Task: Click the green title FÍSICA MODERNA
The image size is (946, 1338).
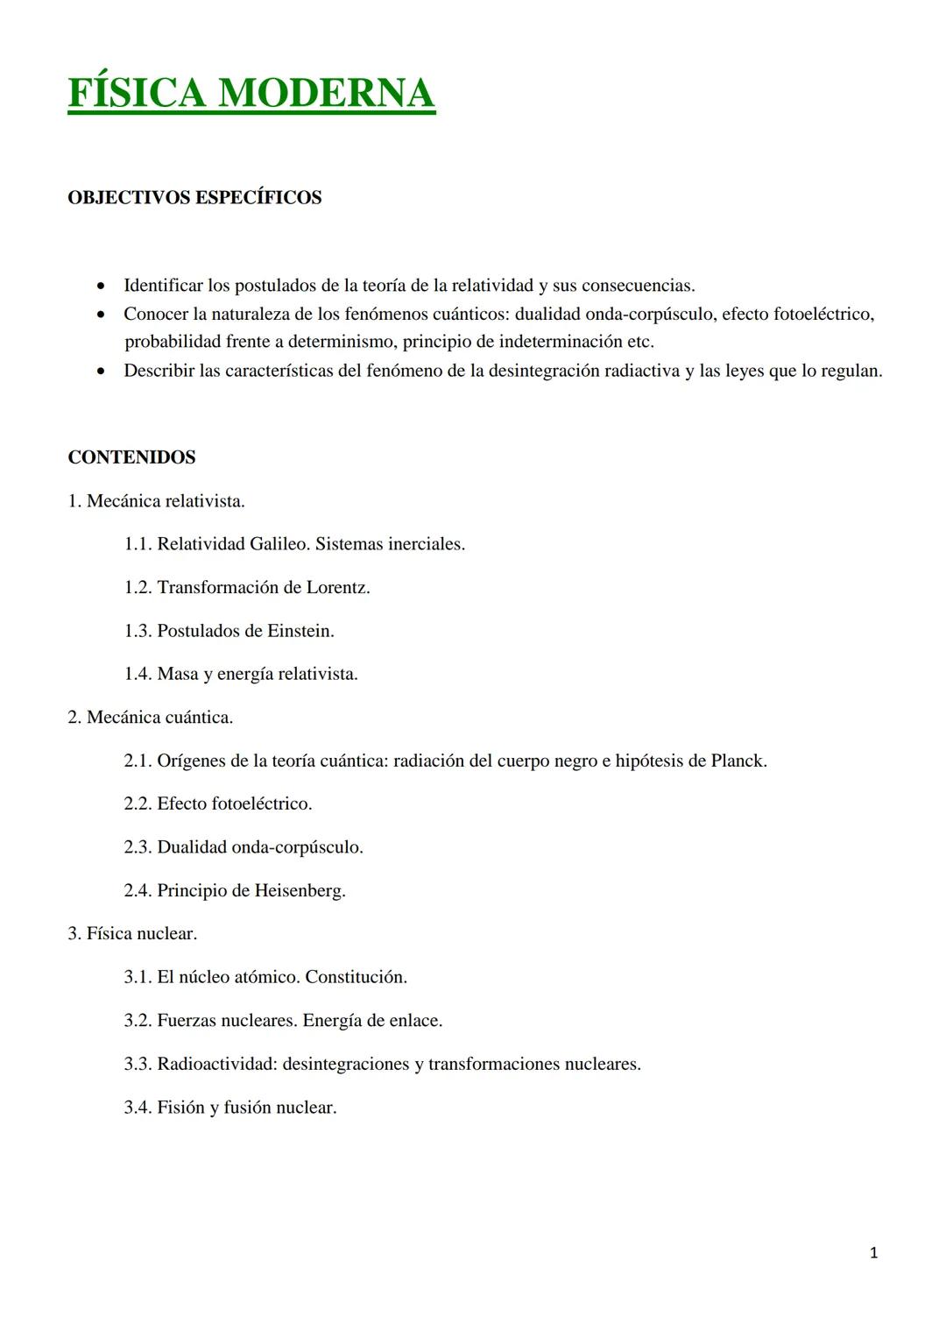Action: (x=251, y=94)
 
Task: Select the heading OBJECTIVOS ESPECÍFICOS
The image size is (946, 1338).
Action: (x=194, y=197)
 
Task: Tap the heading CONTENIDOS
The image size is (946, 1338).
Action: (x=131, y=457)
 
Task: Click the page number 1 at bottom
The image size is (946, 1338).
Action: (x=873, y=1253)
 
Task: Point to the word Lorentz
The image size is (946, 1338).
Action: (x=337, y=587)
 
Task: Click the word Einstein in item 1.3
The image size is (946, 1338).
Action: (x=300, y=631)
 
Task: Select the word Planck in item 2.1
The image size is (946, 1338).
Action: (x=738, y=761)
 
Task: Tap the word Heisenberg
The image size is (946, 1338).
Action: (x=300, y=891)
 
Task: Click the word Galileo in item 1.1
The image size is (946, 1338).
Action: (x=279, y=544)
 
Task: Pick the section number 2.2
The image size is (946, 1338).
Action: (x=138, y=804)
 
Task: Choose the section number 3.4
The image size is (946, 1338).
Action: (x=138, y=1108)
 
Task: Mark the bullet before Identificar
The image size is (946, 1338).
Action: (x=103, y=287)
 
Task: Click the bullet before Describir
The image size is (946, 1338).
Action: (x=103, y=372)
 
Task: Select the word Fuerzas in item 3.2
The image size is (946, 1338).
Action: (x=187, y=1021)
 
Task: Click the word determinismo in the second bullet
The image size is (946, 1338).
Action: (x=344, y=342)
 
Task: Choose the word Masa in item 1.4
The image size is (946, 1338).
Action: (x=178, y=674)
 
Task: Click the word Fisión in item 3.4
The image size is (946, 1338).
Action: (x=180, y=1108)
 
